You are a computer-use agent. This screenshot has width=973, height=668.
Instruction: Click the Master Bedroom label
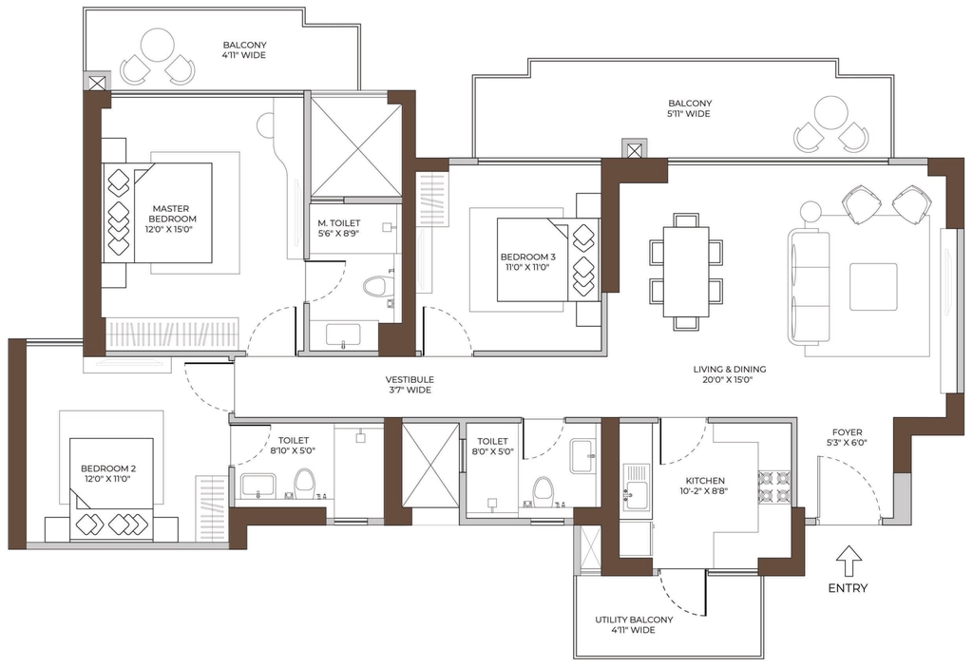click(171, 214)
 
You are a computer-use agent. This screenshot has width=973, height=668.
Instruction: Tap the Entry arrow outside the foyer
click(849, 561)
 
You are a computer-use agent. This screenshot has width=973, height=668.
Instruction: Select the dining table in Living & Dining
click(686, 272)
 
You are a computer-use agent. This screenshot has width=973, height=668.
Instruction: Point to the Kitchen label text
click(705, 481)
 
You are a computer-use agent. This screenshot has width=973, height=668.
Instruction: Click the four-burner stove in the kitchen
click(774, 487)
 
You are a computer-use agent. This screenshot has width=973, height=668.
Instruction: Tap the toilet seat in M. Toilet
click(372, 290)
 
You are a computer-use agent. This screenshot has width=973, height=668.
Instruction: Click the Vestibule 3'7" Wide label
click(410, 385)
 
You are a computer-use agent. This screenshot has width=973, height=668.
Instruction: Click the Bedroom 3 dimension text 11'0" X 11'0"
click(527, 268)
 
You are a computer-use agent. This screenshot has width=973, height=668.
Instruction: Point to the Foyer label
click(847, 432)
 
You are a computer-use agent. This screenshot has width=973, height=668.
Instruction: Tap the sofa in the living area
click(809, 287)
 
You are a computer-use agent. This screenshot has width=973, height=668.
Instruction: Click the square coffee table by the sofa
click(873, 287)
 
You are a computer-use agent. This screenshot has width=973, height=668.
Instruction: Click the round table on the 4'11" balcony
click(158, 47)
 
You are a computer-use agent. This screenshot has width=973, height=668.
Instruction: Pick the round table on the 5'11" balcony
click(830, 113)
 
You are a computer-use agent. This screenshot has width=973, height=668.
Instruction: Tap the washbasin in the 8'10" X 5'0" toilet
click(258, 485)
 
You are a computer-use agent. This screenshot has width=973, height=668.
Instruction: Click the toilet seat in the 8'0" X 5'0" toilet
click(543, 488)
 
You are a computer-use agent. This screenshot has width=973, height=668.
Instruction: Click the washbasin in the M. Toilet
click(344, 334)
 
